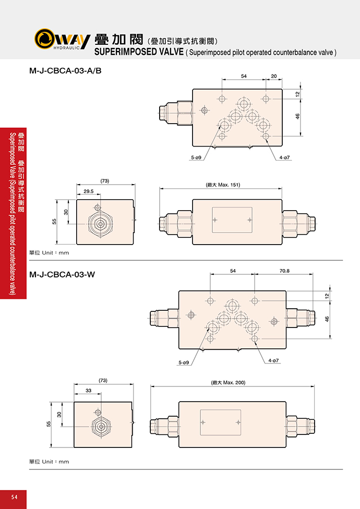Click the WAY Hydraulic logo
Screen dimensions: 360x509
62,39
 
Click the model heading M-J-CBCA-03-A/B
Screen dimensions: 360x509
65,70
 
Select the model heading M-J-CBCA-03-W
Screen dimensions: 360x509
62,275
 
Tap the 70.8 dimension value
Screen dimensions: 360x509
284,270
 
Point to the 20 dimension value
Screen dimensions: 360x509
273,76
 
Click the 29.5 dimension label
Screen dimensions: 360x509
88,191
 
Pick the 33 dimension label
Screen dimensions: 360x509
88,390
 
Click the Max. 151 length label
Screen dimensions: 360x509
223,185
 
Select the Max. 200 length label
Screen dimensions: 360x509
228,382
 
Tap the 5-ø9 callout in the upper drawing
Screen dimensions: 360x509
196,157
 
